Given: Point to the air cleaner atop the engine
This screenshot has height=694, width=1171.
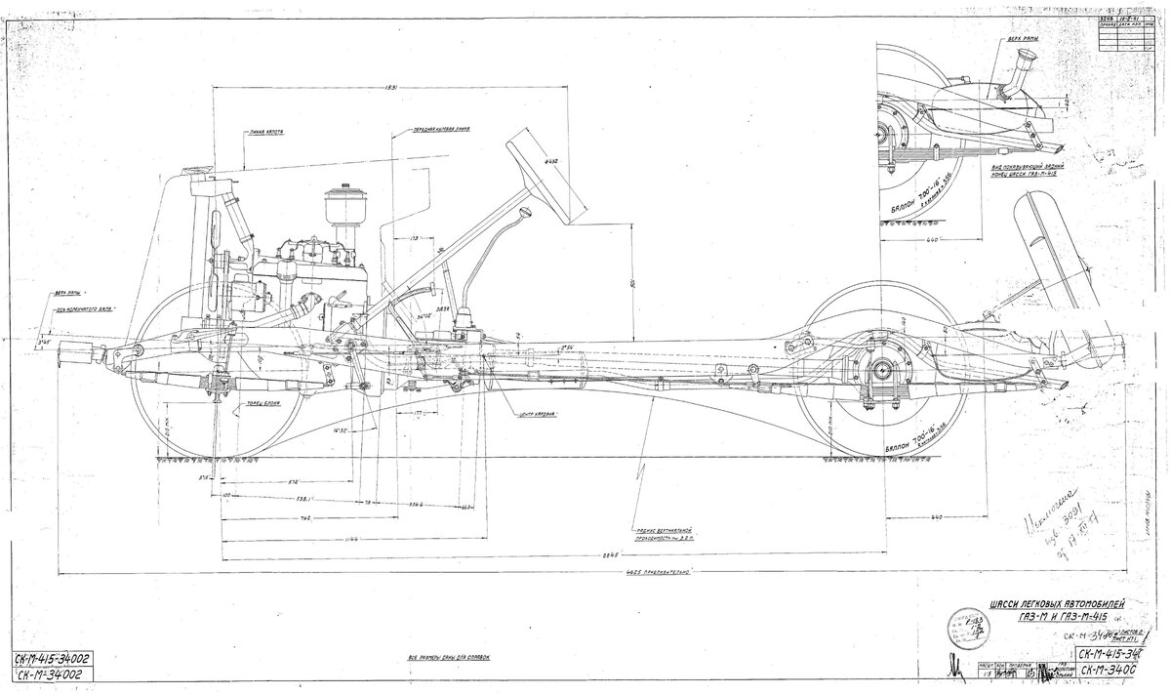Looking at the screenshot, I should coord(343,206).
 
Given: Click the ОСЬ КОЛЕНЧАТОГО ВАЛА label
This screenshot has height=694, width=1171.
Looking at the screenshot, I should coord(87,308).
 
